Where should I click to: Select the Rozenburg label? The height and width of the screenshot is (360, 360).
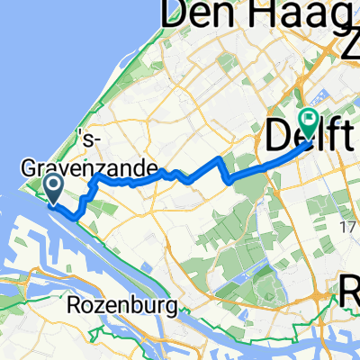click(122, 307)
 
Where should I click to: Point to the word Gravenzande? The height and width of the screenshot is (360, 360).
click(89, 167)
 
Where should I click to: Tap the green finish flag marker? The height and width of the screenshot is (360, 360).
click(310, 119)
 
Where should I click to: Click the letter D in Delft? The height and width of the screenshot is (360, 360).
click(279, 137)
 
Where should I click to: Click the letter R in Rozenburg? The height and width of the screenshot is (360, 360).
click(77, 307)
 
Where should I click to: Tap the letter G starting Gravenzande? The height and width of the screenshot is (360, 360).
click(29, 167)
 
